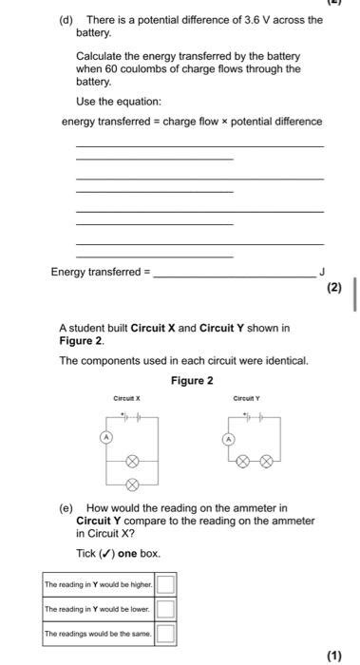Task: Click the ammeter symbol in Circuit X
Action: coord(107,436)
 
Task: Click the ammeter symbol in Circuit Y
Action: coord(228,440)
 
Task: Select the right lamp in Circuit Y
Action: coord(267,461)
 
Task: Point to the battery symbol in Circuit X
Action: coord(132,417)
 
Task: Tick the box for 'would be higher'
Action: coord(166,582)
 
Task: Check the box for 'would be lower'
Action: coord(166,607)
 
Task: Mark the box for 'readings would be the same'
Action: coord(166,631)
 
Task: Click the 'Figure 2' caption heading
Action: coord(192,381)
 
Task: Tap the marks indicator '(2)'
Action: coord(332,288)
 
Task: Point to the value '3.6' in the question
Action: coord(239,20)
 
